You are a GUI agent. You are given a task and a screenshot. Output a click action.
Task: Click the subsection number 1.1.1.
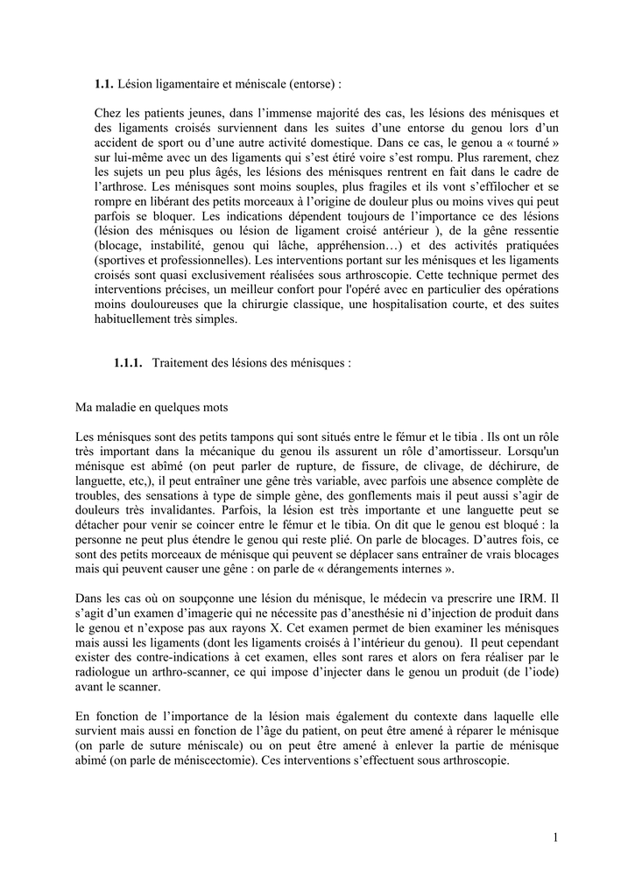(128, 362)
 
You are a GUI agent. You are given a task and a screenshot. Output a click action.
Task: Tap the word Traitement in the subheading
(181, 362)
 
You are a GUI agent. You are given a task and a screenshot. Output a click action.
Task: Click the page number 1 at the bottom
(555, 837)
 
